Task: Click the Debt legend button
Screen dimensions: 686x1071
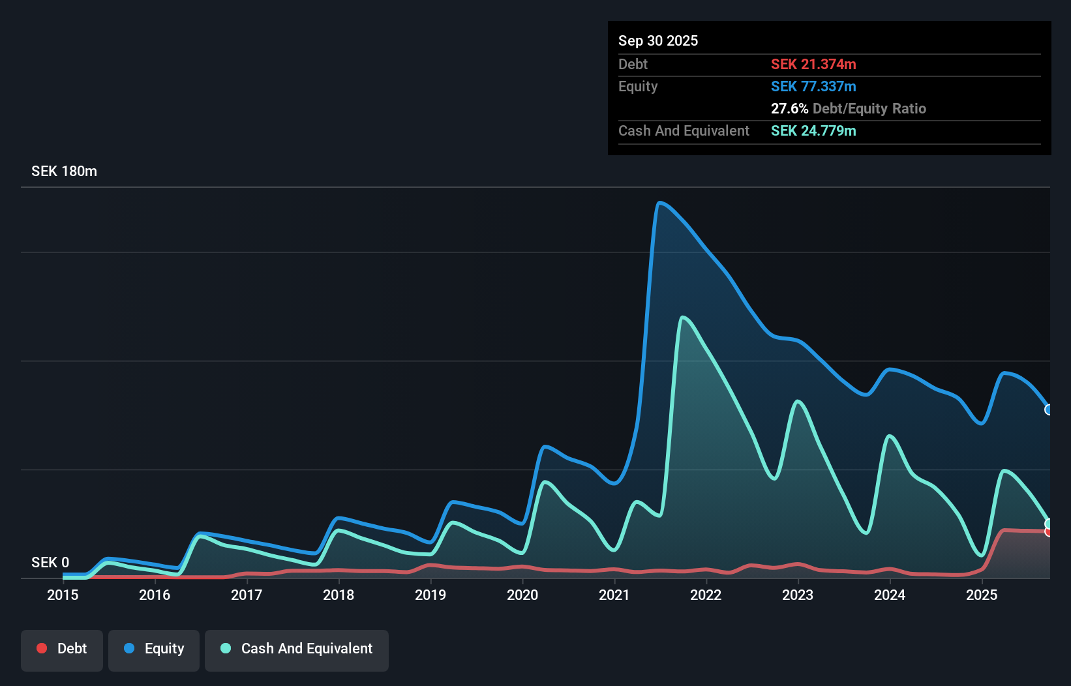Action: click(62, 649)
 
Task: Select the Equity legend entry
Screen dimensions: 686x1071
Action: click(154, 649)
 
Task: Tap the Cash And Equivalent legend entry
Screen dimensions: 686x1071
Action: click(297, 649)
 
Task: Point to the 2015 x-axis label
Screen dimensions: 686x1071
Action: click(63, 595)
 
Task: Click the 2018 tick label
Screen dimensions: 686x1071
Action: click(339, 595)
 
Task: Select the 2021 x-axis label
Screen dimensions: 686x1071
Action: click(614, 595)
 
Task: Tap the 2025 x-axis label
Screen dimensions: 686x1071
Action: click(982, 595)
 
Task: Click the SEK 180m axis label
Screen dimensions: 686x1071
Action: click(64, 171)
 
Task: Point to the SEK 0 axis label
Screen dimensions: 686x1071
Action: click(50, 562)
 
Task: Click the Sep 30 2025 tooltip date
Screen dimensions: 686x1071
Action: click(658, 41)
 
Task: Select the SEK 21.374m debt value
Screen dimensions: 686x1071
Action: click(813, 65)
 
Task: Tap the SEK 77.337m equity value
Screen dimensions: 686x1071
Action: click(813, 87)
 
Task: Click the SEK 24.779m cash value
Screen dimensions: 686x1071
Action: click(813, 131)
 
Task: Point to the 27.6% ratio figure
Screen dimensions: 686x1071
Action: click(789, 109)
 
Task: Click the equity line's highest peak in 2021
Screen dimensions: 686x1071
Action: click(660, 203)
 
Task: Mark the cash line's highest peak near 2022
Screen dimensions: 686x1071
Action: click(682, 318)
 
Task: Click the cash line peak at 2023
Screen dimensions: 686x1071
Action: click(798, 401)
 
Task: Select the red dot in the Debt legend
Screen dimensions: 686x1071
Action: click(42, 649)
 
